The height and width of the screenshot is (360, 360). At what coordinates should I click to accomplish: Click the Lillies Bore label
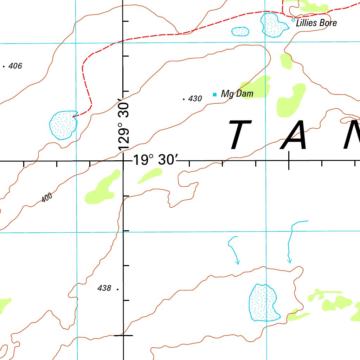[x=316, y=23]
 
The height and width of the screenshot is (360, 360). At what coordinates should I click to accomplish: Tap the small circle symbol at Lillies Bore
[x=293, y=20]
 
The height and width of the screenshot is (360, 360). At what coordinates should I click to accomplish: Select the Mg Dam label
[x=237, y=94]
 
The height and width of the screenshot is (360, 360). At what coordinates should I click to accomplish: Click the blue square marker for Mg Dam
[x=214, y=94]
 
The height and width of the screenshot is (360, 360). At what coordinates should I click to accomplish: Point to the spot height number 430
[x=195, y=99]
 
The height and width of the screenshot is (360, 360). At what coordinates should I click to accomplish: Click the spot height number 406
[x=15, y=66]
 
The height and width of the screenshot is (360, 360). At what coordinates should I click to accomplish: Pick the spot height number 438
[x=104, y=288]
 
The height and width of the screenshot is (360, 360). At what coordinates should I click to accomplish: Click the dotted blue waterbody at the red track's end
[x=63, y=125]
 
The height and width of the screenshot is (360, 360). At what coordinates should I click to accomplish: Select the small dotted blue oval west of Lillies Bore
[x=240, y=31]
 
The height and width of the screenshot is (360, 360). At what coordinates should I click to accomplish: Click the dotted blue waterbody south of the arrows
[x=264, y=303]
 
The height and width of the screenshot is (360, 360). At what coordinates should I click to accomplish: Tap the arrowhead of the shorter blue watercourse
[x=238, y=263]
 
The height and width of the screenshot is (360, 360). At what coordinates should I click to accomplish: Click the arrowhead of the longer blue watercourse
[x=289, y=261]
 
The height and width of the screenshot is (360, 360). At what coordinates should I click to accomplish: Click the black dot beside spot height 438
[x=117, y=289]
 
